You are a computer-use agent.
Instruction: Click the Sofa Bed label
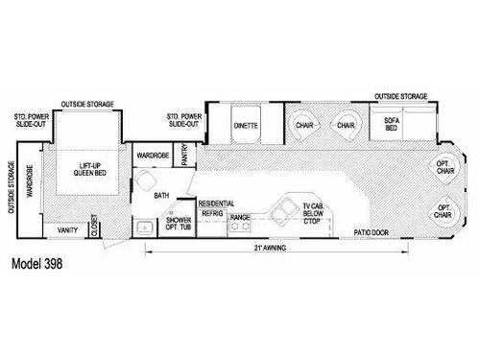click(391, 125)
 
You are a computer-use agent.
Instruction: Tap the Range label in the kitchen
click(241, 217)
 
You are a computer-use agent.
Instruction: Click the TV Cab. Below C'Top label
click(312, 212)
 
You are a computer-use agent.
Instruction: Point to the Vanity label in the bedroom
click(67, 230)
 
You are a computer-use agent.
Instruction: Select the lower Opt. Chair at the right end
click(444, 211)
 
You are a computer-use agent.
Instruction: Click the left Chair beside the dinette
click(303, 125)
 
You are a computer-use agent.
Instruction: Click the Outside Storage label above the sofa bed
click(401, 95)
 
